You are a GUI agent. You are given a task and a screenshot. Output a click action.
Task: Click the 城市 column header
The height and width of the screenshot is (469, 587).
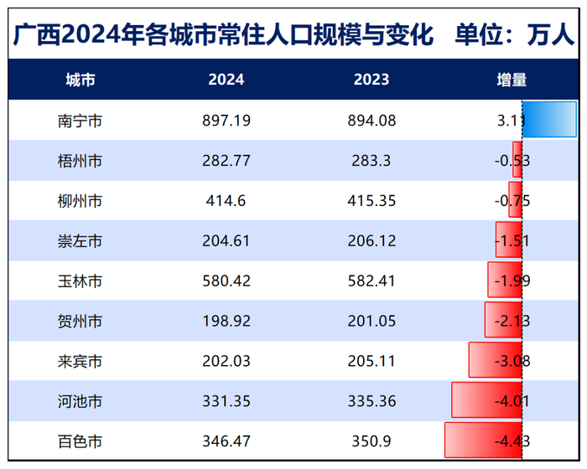click(x=81, y=80)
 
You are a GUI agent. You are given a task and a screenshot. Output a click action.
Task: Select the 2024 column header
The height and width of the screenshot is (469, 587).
click(x=226, y=80)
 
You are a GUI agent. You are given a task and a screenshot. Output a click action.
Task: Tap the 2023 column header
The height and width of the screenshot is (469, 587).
click(x=371, y=80)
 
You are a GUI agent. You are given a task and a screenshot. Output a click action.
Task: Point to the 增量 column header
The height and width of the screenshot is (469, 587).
click(x=512, y=80)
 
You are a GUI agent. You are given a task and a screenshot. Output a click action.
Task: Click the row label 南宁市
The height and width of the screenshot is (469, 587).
click(x=81, y=121)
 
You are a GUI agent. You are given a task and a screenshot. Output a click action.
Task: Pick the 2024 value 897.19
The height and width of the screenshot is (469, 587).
click(x=226, y=121)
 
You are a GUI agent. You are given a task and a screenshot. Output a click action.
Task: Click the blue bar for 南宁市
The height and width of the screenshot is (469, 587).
click(x=549, y=119)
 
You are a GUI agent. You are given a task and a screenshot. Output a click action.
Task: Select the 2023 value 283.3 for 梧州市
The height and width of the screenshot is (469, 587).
click(x=371, y=161)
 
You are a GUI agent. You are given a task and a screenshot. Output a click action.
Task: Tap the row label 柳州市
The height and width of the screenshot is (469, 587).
click(x=81, y=201)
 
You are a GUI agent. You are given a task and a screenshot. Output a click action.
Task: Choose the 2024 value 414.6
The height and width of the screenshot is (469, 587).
click(x=226, y=201)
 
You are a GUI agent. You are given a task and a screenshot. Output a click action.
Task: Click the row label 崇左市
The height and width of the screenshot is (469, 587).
click(x=81, y=241)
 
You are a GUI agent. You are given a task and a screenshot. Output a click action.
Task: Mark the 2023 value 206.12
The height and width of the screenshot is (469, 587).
click(x=371, y=241)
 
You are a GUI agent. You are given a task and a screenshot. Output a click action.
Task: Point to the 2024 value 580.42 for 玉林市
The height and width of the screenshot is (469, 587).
click(x=226, y=281)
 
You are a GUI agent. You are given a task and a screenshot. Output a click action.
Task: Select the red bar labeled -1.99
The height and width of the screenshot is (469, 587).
click(x=505, y=280)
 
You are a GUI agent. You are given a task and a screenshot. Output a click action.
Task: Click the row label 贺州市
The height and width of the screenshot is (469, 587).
click(x=81, y=321)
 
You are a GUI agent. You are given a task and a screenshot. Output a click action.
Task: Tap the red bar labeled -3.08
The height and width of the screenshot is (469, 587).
click(x=495, y=360)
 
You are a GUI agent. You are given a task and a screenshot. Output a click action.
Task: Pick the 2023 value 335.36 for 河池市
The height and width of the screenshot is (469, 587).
click(x=371, y=401)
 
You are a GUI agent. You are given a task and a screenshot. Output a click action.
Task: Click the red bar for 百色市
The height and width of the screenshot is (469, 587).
click(x=483, y=440)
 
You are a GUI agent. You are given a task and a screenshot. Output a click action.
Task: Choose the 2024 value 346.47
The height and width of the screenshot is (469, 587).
click(x=226, y=441)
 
